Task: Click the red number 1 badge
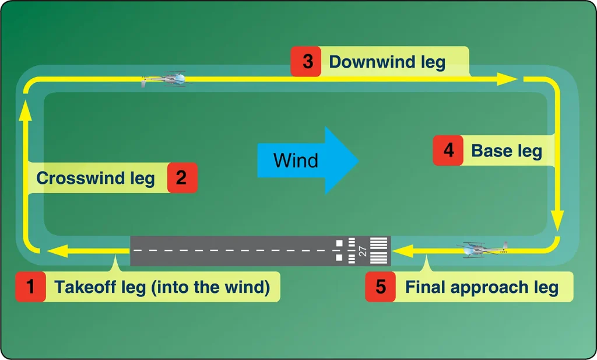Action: tap(30, 286)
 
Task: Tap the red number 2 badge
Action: tap(182, 177)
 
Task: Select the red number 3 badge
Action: tap(305, 61)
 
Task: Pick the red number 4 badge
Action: tap(448, 150)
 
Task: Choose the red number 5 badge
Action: tap(380, 286)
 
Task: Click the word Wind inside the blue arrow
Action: tap(296, 160)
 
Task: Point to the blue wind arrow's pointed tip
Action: tap(359, 160)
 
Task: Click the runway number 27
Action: tap(363, 251)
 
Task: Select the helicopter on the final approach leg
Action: tap(483, 250)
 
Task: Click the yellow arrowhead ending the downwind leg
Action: tap(507, 79)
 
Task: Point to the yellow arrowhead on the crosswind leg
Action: tap(26, 110)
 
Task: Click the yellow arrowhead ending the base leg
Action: tap(558, 221)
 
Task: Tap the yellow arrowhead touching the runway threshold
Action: tap(402, 251)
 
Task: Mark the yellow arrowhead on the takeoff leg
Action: tap(57, 251)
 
